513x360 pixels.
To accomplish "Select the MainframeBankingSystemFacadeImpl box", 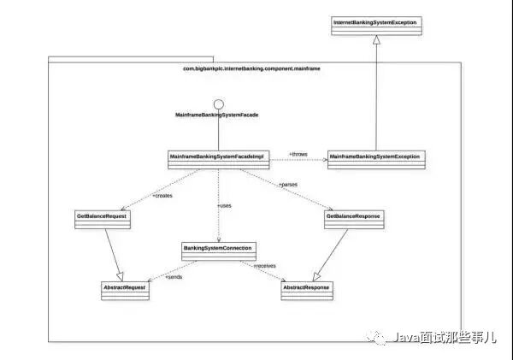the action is click(x=220, y=159).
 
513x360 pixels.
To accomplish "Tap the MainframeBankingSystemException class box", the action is click(x=375, y=159).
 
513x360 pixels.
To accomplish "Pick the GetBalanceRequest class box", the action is click(x=102, y=220).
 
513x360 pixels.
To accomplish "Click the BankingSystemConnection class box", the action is click(x=218, y=250).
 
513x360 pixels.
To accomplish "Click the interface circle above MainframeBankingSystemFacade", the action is click(x=219, y=105).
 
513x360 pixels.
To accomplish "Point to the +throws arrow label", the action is click(x=298, y=154).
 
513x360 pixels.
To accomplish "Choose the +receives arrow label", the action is click(x=264, y=267).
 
